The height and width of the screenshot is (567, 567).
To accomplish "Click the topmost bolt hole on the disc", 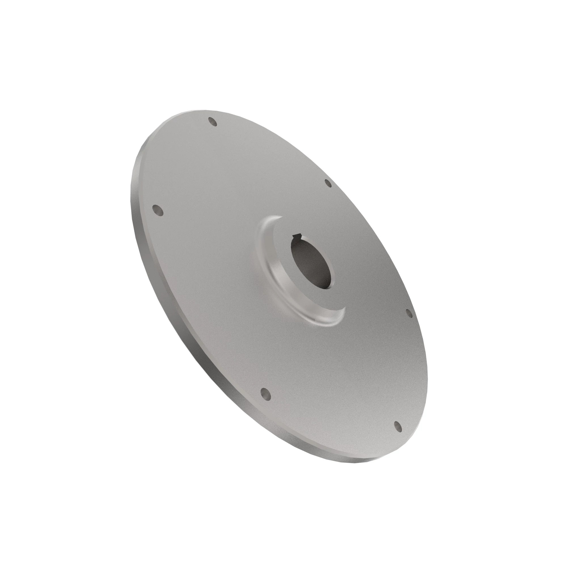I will pyautogui.click(x=212, y=122).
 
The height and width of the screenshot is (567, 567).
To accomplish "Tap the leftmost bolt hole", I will pyautogui.click(x=158, y=210).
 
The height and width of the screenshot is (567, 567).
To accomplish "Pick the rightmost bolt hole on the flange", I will pyautogui.click(x=409, y=313).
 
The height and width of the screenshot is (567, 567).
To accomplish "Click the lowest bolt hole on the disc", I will pyautogui.click(x=398, y=435).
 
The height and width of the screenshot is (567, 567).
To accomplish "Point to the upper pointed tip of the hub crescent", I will pyautogui.click(x=281, y=217).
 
